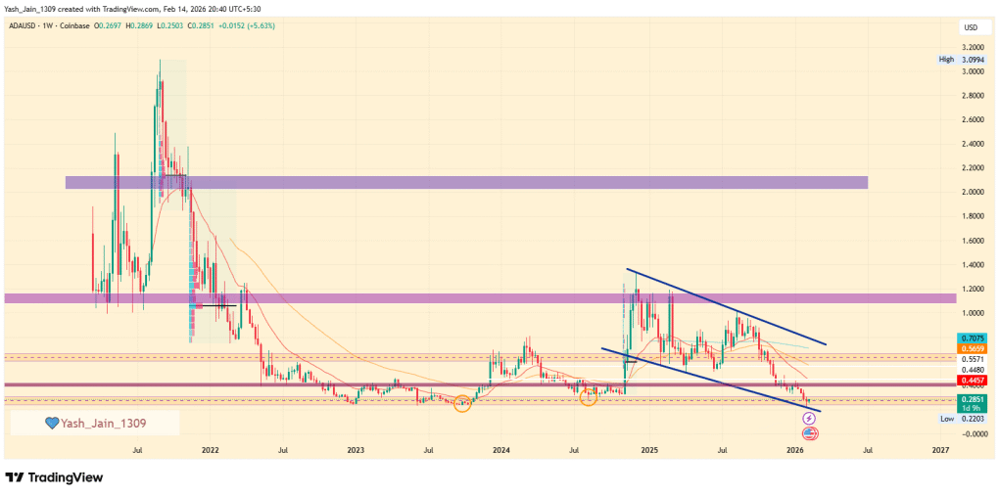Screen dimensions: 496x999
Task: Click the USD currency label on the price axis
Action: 972,26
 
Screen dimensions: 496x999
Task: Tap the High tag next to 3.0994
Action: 946,60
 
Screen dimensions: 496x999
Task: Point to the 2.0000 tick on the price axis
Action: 972,192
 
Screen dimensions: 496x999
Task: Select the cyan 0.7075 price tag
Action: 972,338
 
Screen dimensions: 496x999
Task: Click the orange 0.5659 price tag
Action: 972,348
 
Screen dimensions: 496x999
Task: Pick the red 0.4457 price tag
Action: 972,380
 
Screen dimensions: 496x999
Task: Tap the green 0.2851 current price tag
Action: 972,399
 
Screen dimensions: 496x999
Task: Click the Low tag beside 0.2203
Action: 946,418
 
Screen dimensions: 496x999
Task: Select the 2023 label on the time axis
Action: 356,451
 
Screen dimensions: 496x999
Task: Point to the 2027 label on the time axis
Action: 940,451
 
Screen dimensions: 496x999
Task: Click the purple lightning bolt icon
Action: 809,419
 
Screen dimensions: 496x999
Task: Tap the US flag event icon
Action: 810,432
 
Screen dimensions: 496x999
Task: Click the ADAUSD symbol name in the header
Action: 24,26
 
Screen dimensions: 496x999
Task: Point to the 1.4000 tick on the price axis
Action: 972,264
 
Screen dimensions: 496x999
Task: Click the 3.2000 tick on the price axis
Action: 972,47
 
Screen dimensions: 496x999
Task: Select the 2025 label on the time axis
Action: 648,451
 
